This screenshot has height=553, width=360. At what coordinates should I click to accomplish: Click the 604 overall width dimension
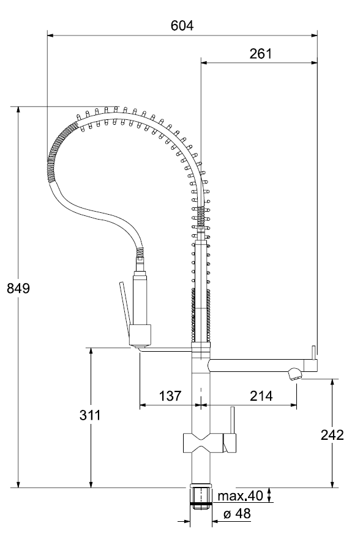[182, 26]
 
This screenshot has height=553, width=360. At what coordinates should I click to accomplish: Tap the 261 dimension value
[261, 54]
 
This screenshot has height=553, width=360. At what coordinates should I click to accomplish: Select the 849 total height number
[18, 288]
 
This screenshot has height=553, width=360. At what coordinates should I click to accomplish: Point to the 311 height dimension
[90, 415]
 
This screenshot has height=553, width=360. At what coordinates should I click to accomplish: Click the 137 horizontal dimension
[170, 396]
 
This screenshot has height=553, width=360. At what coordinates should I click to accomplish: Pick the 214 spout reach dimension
[261, 396]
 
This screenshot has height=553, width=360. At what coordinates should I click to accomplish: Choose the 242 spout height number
[332, 435]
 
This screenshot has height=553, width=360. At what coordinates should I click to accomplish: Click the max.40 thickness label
[241, 496]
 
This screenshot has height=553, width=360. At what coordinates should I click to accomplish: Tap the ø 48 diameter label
[237, 513]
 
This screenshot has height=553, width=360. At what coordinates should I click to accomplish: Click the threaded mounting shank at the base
[201, 499]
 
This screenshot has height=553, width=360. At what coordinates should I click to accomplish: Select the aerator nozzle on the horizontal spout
[294, 374]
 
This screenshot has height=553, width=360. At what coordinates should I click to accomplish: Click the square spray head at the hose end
[140, 335]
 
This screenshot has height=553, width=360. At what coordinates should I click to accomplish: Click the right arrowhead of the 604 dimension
[314, 35]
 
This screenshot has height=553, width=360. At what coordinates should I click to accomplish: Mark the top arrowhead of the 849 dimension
[18, 109]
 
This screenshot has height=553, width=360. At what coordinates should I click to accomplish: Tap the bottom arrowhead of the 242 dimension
[332, 484]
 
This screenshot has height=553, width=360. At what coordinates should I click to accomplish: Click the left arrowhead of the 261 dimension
[204, 63]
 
